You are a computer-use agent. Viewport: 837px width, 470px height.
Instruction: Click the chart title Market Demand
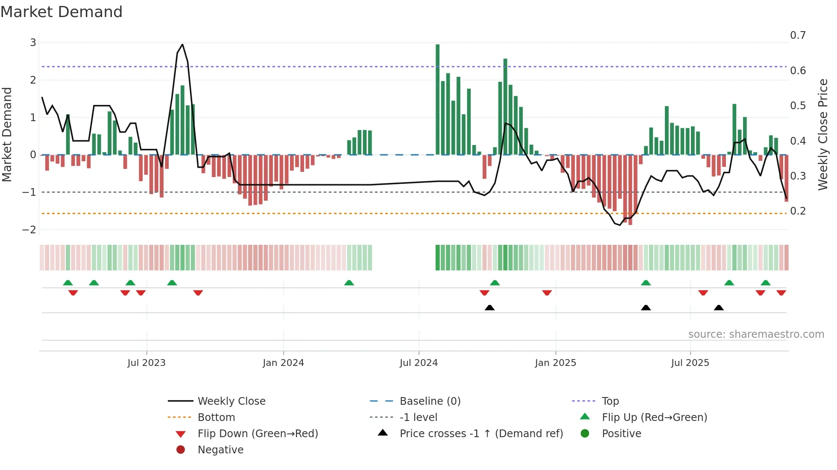tap(61, 12)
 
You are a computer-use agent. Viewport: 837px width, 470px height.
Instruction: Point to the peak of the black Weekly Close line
tap(182, 44)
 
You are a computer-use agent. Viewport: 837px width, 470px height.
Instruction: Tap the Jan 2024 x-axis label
tap(283, 363)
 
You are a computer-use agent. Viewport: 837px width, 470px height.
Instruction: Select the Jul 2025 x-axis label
tap(690, 363)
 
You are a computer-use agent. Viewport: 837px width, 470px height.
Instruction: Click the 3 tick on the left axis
tap(33, 43)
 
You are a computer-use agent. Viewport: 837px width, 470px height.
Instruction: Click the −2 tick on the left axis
tap(29, 230)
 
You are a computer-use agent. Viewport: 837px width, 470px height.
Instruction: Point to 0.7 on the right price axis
tap(798, 35)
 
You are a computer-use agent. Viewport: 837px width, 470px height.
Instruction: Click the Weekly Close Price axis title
tap(822, 134)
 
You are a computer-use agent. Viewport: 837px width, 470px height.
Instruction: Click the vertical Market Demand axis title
tap(7, 134)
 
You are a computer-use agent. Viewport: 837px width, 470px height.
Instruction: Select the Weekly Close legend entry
tap(231, 401)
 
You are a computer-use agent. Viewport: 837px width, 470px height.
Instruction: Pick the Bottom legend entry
tap(216, 418)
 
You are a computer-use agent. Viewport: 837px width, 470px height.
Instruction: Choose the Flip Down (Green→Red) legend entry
tap(258, 434)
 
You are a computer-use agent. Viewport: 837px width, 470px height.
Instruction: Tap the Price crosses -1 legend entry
tap(481, 434)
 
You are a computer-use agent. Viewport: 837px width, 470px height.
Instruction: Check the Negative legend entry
tap(220, 450)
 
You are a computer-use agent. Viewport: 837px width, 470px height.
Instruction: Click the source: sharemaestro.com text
tap(756, 334)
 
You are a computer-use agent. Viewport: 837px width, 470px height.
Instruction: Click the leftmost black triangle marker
tap(489, 308)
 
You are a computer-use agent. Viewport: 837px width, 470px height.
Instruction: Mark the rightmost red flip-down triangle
tap(781, 293)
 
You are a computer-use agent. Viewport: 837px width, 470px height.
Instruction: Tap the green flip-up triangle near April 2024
tap(349, 283)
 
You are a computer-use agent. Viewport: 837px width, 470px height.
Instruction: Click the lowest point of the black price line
tap(620, 225)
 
